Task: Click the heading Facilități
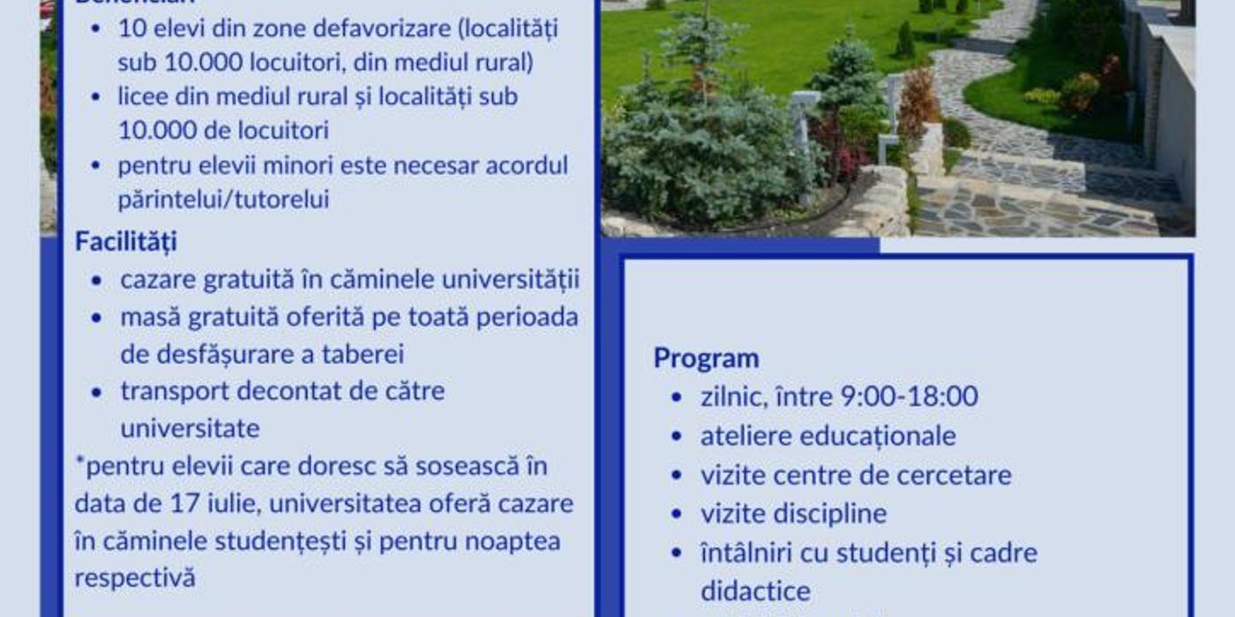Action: coord(125,241)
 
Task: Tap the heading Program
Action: coord(706,358)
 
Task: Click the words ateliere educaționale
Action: coord(827,435)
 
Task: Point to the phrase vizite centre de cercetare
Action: coord(856,475)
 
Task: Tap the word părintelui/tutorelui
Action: coord(223,199)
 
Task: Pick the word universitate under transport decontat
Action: coord(190,428)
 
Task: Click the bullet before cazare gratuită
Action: coord(96,281)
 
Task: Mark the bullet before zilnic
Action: coord(677,398)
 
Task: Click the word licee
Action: coord(142,95)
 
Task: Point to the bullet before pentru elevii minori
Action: coord(96,166)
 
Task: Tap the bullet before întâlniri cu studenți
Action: coord(677,554)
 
